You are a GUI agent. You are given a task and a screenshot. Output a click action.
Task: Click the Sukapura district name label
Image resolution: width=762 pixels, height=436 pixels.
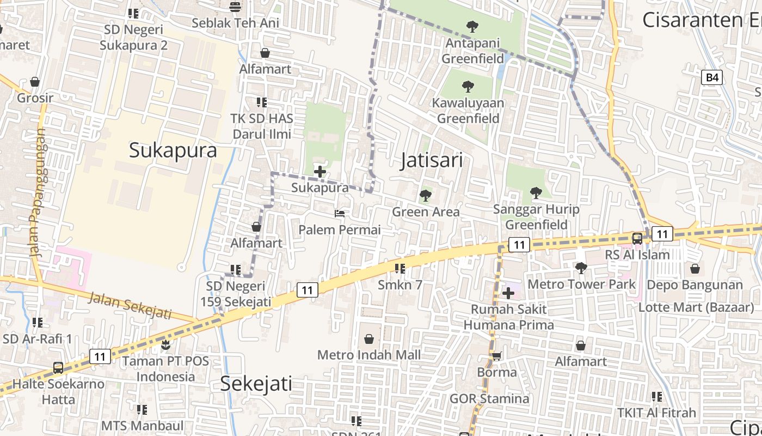point(173,150)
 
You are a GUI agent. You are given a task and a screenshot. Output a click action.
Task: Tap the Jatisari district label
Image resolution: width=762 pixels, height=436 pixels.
point(432,160)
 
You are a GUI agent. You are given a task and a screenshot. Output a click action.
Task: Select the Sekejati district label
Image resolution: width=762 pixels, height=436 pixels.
point(256,384)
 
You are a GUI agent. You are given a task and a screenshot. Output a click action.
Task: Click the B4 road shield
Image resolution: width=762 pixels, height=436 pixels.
point(712,77)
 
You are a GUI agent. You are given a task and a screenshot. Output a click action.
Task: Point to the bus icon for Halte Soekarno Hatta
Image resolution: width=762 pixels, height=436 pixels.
point(58,367)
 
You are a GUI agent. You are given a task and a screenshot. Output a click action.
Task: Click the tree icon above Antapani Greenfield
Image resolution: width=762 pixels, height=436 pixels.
point(472,26)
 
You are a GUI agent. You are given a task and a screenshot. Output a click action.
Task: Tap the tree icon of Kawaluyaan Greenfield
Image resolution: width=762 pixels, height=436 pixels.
point(468,86)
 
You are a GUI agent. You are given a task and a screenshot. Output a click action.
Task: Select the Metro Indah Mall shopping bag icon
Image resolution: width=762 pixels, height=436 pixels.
point(369,339)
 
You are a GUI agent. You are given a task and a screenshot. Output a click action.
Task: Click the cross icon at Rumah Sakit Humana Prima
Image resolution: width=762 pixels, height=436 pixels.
point(508,293)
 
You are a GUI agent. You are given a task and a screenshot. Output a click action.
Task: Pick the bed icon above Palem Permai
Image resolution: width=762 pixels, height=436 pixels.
point(340,214)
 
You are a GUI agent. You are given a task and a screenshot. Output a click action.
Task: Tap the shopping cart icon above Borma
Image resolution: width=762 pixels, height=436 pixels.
point(496,356)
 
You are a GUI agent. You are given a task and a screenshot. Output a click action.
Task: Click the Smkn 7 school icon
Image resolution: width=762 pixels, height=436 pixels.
point(400,268)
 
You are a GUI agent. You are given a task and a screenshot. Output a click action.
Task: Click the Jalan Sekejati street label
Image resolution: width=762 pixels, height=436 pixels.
point(130,306)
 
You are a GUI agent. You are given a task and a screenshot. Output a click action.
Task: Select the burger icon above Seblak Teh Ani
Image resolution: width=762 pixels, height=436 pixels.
point(235,7)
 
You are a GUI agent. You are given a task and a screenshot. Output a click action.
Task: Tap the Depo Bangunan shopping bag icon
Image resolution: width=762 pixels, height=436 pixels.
point(695,269)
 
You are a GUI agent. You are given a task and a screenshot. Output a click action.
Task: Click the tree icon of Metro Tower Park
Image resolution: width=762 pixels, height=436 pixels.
point(581,268)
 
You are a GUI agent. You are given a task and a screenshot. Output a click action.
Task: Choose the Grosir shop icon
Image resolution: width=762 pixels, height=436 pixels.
point(35,82)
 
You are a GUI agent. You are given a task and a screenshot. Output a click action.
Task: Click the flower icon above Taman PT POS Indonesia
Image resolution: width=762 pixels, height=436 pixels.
point(165,345)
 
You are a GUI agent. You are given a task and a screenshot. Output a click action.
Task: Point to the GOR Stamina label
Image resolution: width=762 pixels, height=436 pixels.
point(489,398)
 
